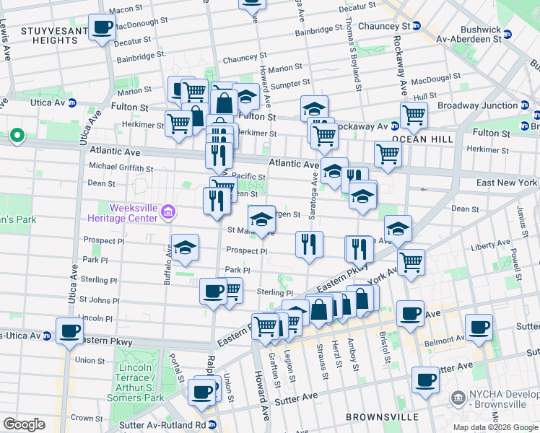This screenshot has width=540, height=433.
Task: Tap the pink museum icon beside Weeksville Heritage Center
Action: [x=169, y=211]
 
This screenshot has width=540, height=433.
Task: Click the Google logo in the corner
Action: [x=24, y=424]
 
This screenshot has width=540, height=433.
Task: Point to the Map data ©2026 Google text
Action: [x=495, y=427]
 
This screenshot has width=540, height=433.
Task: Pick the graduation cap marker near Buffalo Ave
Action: [x=186, y=248]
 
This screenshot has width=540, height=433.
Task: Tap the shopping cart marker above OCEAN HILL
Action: [x=414, y=114]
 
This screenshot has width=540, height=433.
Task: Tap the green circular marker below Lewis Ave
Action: [x=16, y=135]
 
